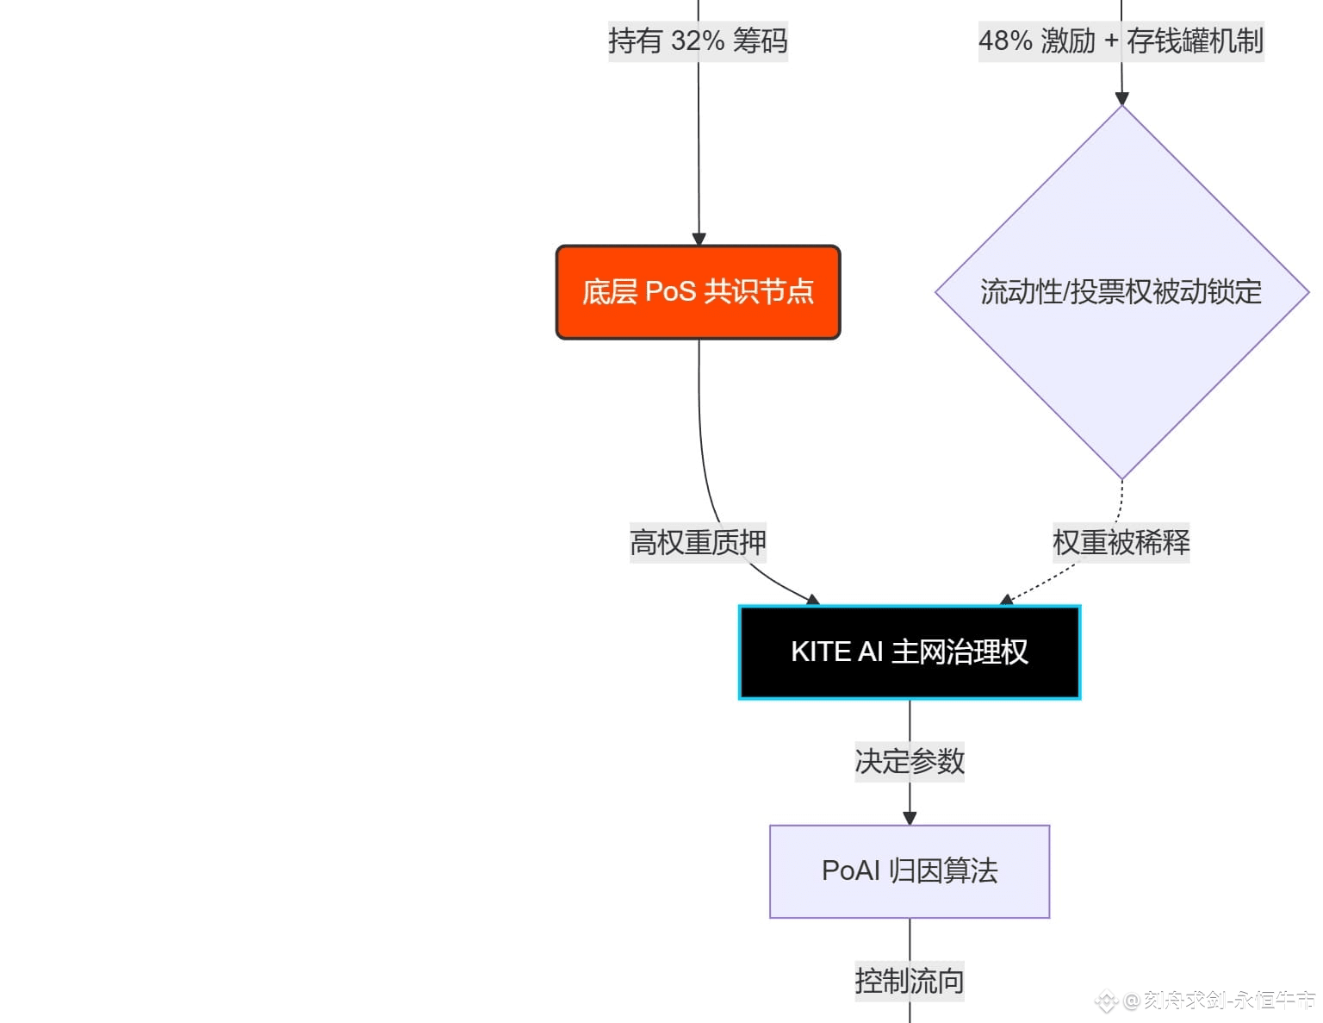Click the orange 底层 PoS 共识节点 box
698,292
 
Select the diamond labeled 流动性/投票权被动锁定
1121,292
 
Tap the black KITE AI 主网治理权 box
910,652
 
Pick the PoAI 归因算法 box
910,871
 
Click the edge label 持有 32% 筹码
698,41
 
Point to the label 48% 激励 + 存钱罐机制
1121,41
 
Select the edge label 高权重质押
698,542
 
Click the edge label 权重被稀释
1121,542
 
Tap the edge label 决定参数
910,761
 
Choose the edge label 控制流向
910,981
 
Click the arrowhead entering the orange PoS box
699,239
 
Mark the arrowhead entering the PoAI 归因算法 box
910,818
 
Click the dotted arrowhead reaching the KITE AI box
1006,600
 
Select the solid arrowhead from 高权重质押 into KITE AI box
811,600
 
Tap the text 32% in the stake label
698,41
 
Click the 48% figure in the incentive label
1005,41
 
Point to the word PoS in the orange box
670,292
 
